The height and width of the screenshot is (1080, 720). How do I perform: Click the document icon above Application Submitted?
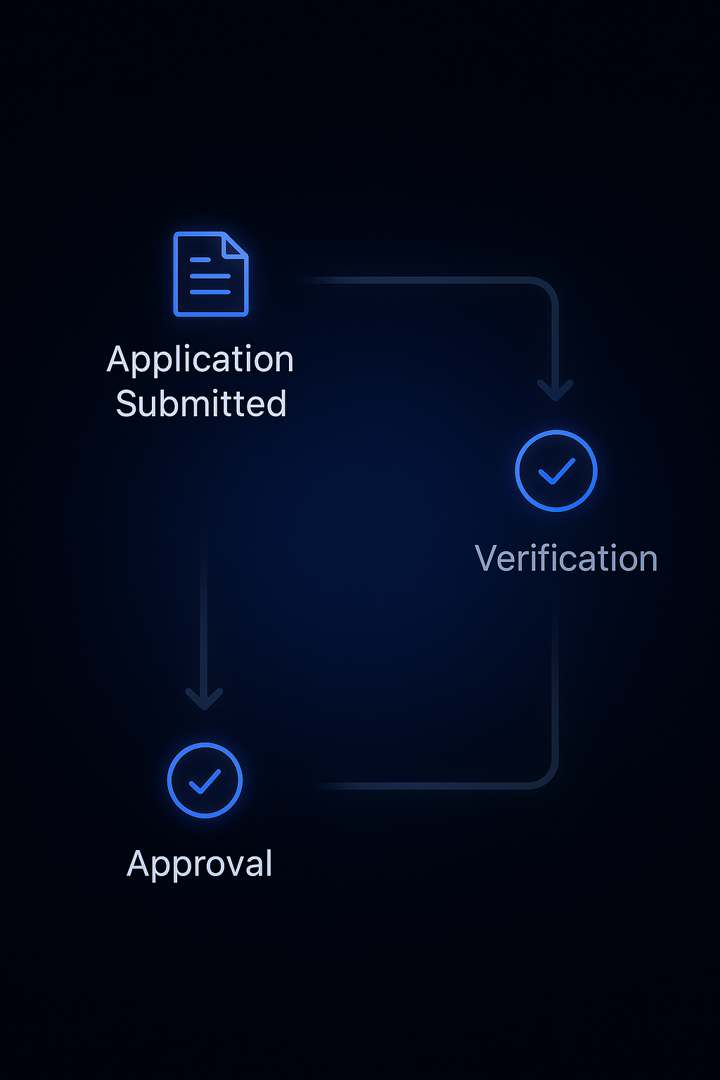(210, 274)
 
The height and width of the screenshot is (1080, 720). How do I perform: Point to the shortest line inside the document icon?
(200, 260)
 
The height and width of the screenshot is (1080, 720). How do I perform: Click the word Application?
(200, 360)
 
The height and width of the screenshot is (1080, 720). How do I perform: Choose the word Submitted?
(201, 404)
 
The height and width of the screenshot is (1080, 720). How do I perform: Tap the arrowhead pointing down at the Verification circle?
(555, 390)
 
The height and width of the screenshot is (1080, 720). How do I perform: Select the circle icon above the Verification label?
(556, 470)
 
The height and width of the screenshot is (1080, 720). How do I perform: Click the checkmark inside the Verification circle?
(556, 471)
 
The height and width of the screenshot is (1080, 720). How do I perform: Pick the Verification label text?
(566, 559)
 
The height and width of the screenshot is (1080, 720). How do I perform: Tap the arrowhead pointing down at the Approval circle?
(204, 700)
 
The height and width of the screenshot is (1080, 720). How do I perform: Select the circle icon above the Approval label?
(205, 780)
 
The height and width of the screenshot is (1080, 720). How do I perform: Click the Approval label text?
(200, 864)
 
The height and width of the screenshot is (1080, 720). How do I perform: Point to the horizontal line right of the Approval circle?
(422, 785)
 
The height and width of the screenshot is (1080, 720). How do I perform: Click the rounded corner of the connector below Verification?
(547, 777)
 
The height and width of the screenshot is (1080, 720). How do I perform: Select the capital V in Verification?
(487, 559)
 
